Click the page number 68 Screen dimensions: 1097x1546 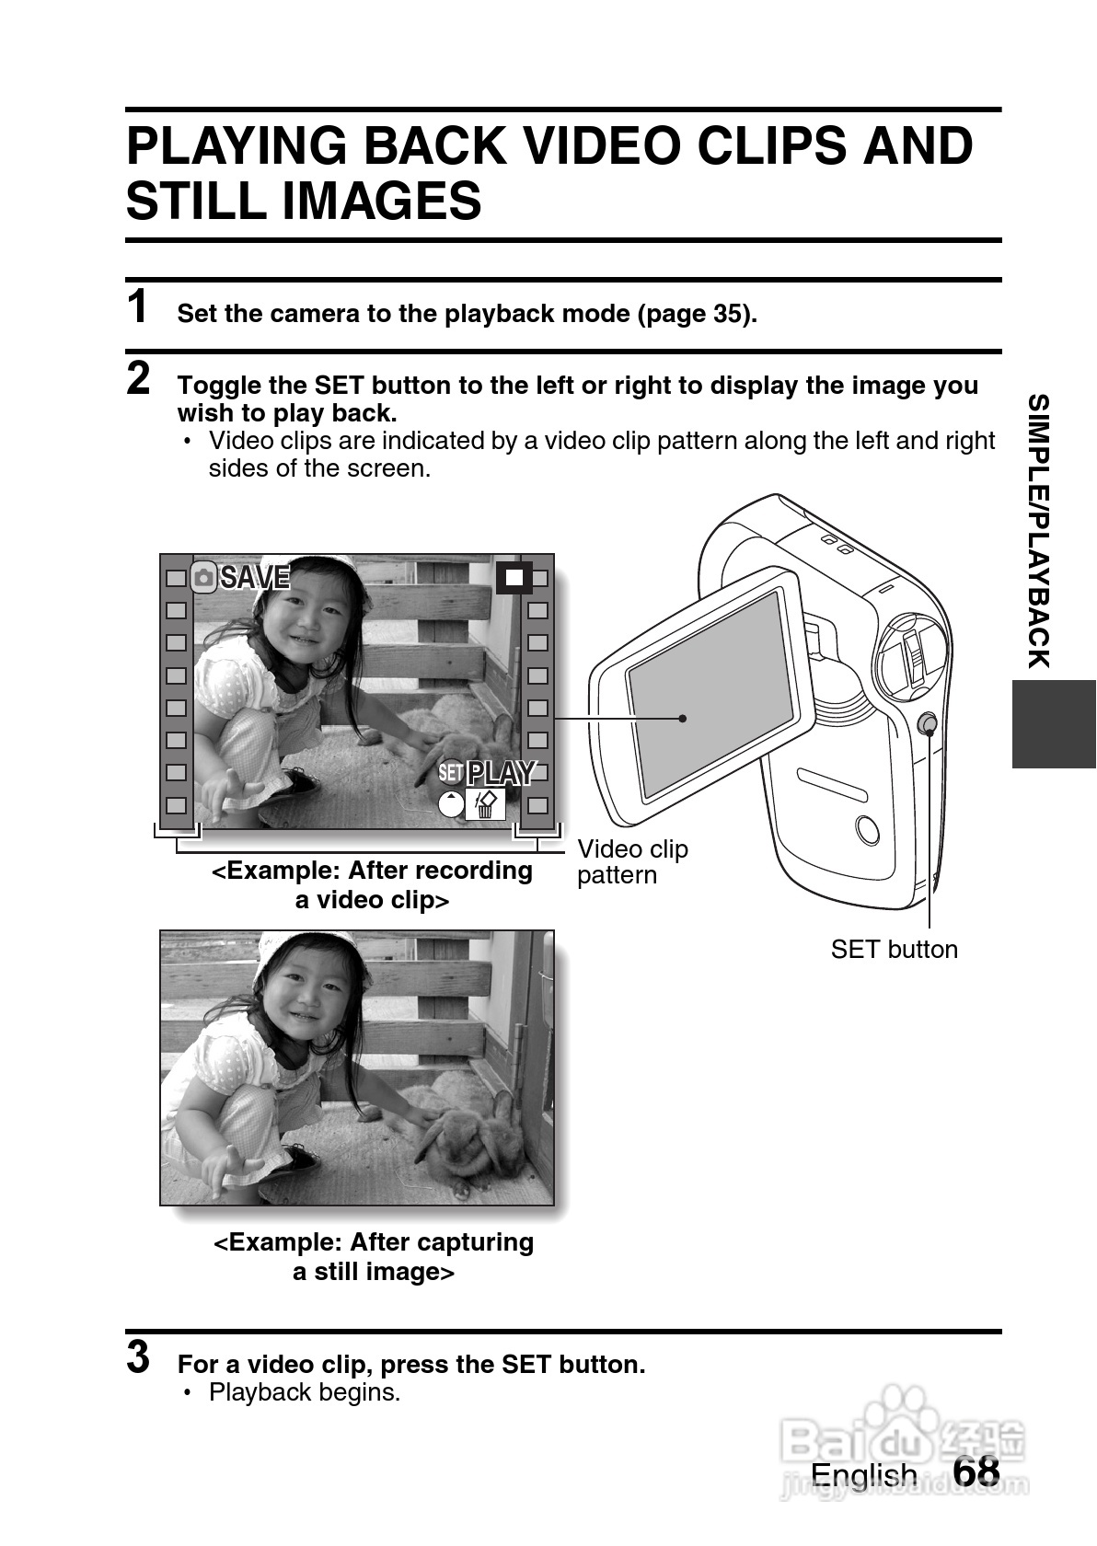coord(976,1471)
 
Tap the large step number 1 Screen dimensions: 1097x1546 coord(138,306)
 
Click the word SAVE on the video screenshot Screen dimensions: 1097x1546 coord(255,577)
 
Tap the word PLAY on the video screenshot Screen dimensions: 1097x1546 coord(502,773)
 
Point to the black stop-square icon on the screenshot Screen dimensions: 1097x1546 coord(514,577)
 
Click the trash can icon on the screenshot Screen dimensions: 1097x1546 coord(485,804)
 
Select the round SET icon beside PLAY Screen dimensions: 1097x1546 coord(451,772)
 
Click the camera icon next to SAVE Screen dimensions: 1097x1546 coord(203,577)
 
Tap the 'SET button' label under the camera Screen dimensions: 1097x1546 coord(894,950)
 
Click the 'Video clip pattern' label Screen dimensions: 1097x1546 coord(632,862)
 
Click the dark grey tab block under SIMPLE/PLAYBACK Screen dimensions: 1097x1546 coord(1054,724)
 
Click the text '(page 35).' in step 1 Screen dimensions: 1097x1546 coord(698,314)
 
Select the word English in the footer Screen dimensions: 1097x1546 coord(863,1476)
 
